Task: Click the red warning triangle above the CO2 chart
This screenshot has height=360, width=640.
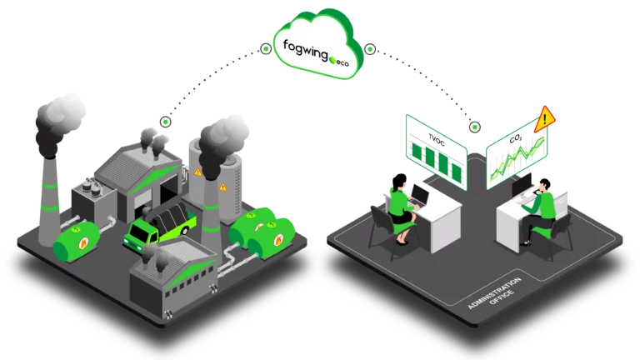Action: pyautogui.click(x=546, y=117)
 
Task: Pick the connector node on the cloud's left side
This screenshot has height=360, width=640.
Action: pyautogui.click(x=266, y=48)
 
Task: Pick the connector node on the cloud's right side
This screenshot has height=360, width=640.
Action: pyautogui.click(x=369, y=48)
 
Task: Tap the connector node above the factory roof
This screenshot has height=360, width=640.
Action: pyautogui.click(x=166, y=122)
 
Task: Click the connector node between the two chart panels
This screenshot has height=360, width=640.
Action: pyautogui.click(x=475, y=127)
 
